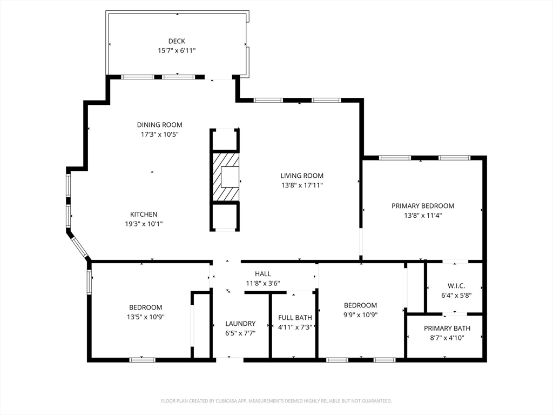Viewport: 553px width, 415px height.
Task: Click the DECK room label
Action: click(177, 41)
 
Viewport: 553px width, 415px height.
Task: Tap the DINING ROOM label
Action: click(160, 125)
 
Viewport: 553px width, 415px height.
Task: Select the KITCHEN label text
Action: click(144, 214)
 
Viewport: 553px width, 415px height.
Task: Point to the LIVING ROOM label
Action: click(302, 176)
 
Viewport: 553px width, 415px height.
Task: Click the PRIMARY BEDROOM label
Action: click(423, 206)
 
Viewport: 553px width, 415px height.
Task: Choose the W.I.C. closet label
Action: click(456, 286)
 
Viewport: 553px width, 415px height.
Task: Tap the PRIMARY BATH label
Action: click(447, 328)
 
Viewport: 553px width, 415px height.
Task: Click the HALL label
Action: click(263, 274)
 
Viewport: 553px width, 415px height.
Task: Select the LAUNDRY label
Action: click(240, 324)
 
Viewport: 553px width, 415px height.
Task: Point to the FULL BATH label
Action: click(295, 318)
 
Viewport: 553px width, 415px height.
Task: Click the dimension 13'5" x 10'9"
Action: click(146, 317)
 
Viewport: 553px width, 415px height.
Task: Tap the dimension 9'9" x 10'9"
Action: click(360, 315)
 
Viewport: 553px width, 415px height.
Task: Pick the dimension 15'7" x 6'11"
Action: click(177, 50)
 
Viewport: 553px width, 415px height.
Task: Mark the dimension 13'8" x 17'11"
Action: click(302, 185)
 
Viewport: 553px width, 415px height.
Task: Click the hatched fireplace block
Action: click(225, 177)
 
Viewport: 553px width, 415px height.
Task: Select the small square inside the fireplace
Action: click(230, 177)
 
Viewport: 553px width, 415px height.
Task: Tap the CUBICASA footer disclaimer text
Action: click(276, 401)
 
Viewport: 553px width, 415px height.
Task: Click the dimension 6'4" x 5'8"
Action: click(456, 296)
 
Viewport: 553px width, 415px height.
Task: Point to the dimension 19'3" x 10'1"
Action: click(144, 224)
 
